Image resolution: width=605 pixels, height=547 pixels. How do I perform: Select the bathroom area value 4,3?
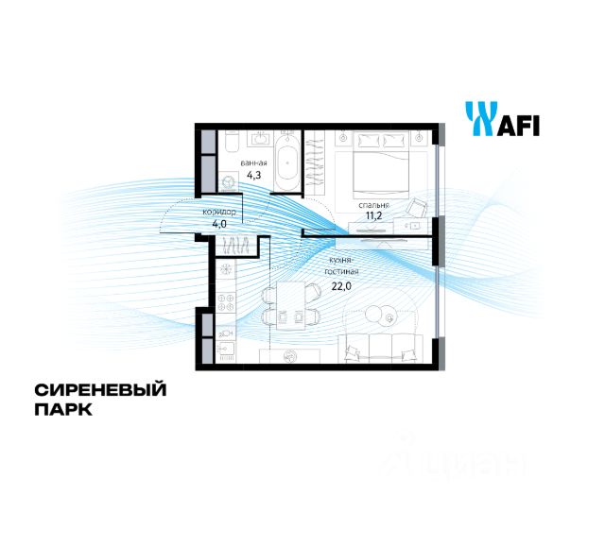pyautogui.click(x=252, y=175)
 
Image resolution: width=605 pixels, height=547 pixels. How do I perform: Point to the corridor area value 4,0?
pyautogui.click(x=218, y=225)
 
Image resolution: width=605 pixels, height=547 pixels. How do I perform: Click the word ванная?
pyautogui.click(x=252, y=162)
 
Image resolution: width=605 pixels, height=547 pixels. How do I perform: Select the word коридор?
pyautogui.click(x=218, y=213)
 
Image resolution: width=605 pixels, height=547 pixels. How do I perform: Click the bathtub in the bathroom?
pyautogui.click(x=290, y=162)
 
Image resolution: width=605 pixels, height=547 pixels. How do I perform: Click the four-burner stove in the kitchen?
pyautogui.click(x=227, y=303)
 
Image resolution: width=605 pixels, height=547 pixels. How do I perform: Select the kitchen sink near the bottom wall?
pyautogui.click(x=227, y=350)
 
